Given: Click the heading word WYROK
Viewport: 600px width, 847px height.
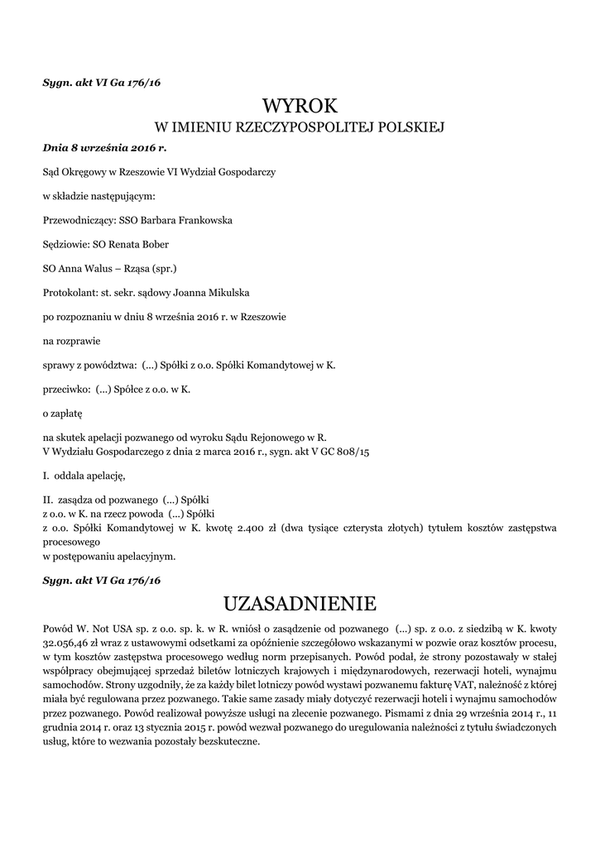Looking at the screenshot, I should click(x=300, y=105).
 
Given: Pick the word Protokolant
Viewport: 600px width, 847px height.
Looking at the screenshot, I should click(x=69, y=293).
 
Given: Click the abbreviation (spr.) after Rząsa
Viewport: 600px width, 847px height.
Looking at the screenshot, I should click(x=162, y=269).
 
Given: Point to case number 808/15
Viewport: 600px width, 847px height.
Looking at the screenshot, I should click(x=351, y=452).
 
